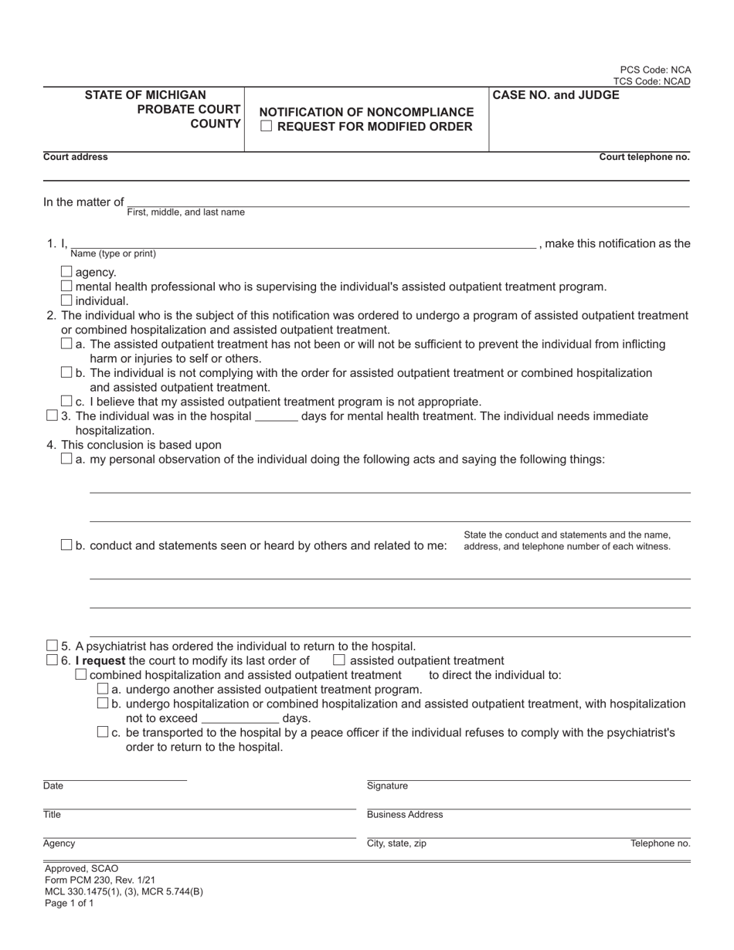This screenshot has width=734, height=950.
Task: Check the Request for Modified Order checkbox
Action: pos(267,127)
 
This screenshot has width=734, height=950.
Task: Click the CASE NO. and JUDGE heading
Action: pos(556,95)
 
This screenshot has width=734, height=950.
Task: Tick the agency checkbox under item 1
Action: pos(66,272)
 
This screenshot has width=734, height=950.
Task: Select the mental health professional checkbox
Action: pos(66,287)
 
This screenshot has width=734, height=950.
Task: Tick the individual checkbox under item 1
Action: pos(66,300)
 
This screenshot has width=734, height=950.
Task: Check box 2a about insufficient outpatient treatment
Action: pos(66,344)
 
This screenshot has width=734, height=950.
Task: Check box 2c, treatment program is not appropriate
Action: pos(66,401)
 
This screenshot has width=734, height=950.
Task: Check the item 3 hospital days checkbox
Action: pos(52,416)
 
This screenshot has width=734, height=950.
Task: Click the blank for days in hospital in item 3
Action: pos(276,417)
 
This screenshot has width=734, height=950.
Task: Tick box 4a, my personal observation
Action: pos(66,459)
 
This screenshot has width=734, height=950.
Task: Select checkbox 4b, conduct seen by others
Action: pos(66,545)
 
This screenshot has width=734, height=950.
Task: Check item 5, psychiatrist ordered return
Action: pos(52,646)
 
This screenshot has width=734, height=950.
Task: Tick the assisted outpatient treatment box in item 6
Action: pos(338,660)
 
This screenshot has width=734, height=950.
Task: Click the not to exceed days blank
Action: pos(240,719)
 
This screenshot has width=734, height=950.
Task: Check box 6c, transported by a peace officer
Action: pos(103,732)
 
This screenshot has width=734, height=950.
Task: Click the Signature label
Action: pos(387,786)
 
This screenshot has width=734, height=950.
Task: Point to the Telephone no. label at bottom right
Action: pos(660,843)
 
